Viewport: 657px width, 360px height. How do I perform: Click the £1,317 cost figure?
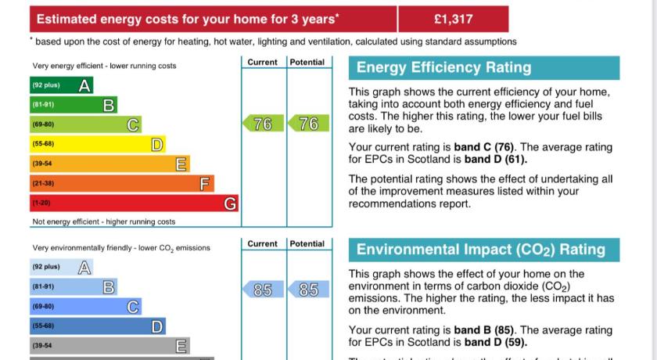click(x=453, y=19)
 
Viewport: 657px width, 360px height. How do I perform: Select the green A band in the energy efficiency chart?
click(x=62, y=85)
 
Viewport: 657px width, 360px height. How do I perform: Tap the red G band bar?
click(x=134, y=203)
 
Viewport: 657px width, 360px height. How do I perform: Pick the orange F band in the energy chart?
click(x=121, y=184)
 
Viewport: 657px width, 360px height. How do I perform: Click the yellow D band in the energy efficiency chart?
click(x=97, y=144)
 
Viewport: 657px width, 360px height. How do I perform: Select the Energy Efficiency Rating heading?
click(x=443, y=68)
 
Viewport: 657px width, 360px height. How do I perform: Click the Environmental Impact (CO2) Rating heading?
click(x=481, y=250)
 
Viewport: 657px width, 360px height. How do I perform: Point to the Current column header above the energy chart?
click(x=262, y=63)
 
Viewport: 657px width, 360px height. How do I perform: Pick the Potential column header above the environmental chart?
click(x=307, y=244)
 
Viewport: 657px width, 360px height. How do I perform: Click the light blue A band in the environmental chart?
click(x=62, y=268)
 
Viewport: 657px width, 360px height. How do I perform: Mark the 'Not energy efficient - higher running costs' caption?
click(x=104, y=222)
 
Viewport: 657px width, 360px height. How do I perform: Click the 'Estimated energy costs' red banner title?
click(x=188, y=19)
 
